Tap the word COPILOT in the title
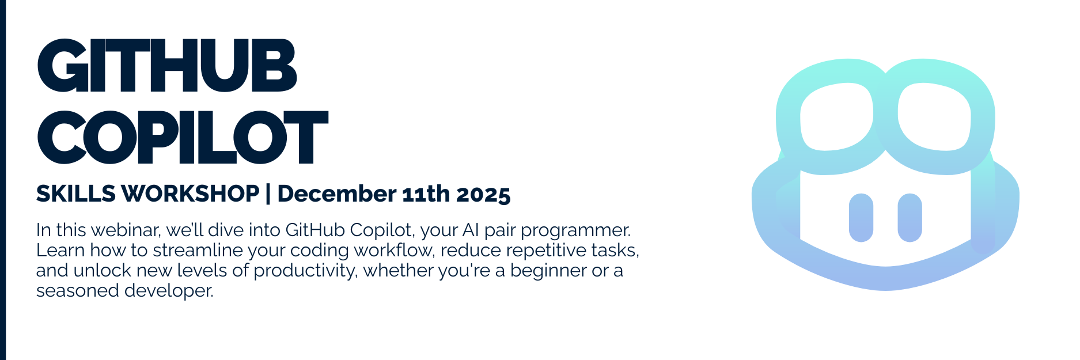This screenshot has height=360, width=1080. (x=183, y=137)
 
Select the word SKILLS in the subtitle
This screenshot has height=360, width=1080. (x=76, y=194)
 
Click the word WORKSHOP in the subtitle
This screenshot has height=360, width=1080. (x=191, y=194)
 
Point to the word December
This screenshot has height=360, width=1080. (x=336, y=194)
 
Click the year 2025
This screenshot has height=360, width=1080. (x=484, y=195)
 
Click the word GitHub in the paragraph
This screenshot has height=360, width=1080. (x=315, y=230)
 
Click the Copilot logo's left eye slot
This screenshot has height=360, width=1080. (x=861, y=218)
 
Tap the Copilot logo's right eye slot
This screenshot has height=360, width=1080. (x=910, y=218)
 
